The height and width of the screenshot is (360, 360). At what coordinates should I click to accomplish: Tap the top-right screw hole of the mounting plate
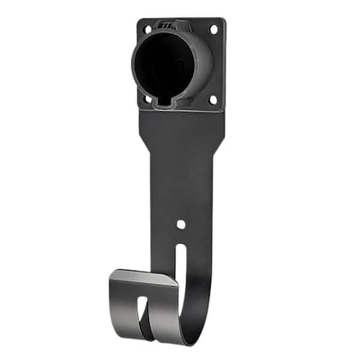click(x=213, y=28)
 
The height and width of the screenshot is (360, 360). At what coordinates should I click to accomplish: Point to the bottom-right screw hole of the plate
click(x=212, y=100)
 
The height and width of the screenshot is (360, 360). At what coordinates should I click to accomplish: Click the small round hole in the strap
click(x=181, y=224)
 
